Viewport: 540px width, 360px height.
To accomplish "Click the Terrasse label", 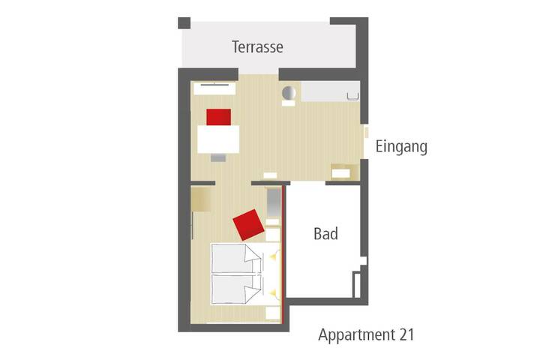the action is pyautogui.click(x=257, y=46).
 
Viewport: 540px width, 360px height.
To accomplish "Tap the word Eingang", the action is pyautogui.click(x=401, y=147).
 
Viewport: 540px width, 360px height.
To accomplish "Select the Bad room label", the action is pyautogui.click(x=325, y=234).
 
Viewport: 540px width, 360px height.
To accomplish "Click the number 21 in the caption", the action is pyautogui.click(x=407, y=334).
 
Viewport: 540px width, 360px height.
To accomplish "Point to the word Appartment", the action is pyautogui.click(x=356, y=335).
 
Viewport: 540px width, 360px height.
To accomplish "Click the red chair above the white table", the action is pyautogui.click(x=219, y=117).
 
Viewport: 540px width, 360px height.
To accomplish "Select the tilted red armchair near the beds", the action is pyautogui.click(x=248, y=224).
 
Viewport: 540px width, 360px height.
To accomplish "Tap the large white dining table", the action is pyautogui.click(x=218, y=139).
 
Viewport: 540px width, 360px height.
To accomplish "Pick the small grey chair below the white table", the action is pyautogui.click(x=218, y=157).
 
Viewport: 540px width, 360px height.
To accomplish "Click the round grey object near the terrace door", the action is pyautogui.click(x=289, y=93).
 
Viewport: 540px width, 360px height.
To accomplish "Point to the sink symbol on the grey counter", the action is pyautogui.click(x=352, y=96).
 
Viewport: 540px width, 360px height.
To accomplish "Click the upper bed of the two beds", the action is pyautogui.click(x=236, y=259).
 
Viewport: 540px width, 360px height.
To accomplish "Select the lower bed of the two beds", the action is pyautogui.click(x=236, y=289).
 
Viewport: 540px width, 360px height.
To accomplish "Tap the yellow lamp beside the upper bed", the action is pyautogui.click(x=274, y=256).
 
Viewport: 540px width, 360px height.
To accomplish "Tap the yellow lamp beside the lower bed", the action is pyautogui.click(x=273, y=292).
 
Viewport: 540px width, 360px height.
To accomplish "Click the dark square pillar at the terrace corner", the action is pyautogui.click(x=184, y=23).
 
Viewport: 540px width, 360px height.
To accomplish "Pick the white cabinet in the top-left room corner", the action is pyautogui.click(x=214, y=88).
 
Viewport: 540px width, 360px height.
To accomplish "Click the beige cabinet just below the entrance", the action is pyautogui.click(x=341, y=172).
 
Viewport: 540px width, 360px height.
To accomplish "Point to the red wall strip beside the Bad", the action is pyautogui.click(x=283, y=255).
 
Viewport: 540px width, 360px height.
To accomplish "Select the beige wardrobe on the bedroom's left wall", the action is pyautogui.click(x=201, y=199).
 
